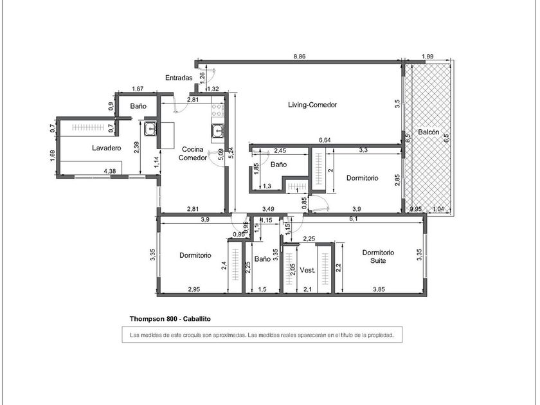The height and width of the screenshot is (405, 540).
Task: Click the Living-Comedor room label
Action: [312, 105]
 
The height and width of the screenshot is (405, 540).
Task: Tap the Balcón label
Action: [429, 132]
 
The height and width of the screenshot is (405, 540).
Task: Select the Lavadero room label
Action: [107, 148]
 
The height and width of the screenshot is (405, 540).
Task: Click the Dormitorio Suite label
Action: [378, 256]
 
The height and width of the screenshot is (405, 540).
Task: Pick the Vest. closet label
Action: [308, 271]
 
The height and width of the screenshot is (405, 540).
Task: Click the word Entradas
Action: [179, 78]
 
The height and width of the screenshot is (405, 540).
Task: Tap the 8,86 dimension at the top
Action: [300, 57]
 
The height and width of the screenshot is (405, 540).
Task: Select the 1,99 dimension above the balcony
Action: [428, 57]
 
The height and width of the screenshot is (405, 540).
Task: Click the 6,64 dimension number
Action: [325, 140]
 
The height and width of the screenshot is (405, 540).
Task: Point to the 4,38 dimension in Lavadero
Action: [110, 171]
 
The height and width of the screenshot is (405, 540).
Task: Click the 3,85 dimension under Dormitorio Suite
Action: [380, 290]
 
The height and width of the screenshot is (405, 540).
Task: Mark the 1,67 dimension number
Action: [136, 89]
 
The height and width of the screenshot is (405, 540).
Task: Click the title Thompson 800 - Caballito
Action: [170, 319]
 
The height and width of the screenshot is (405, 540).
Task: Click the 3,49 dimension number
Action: [269, 210]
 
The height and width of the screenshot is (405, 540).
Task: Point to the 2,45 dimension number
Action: [280, 151]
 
